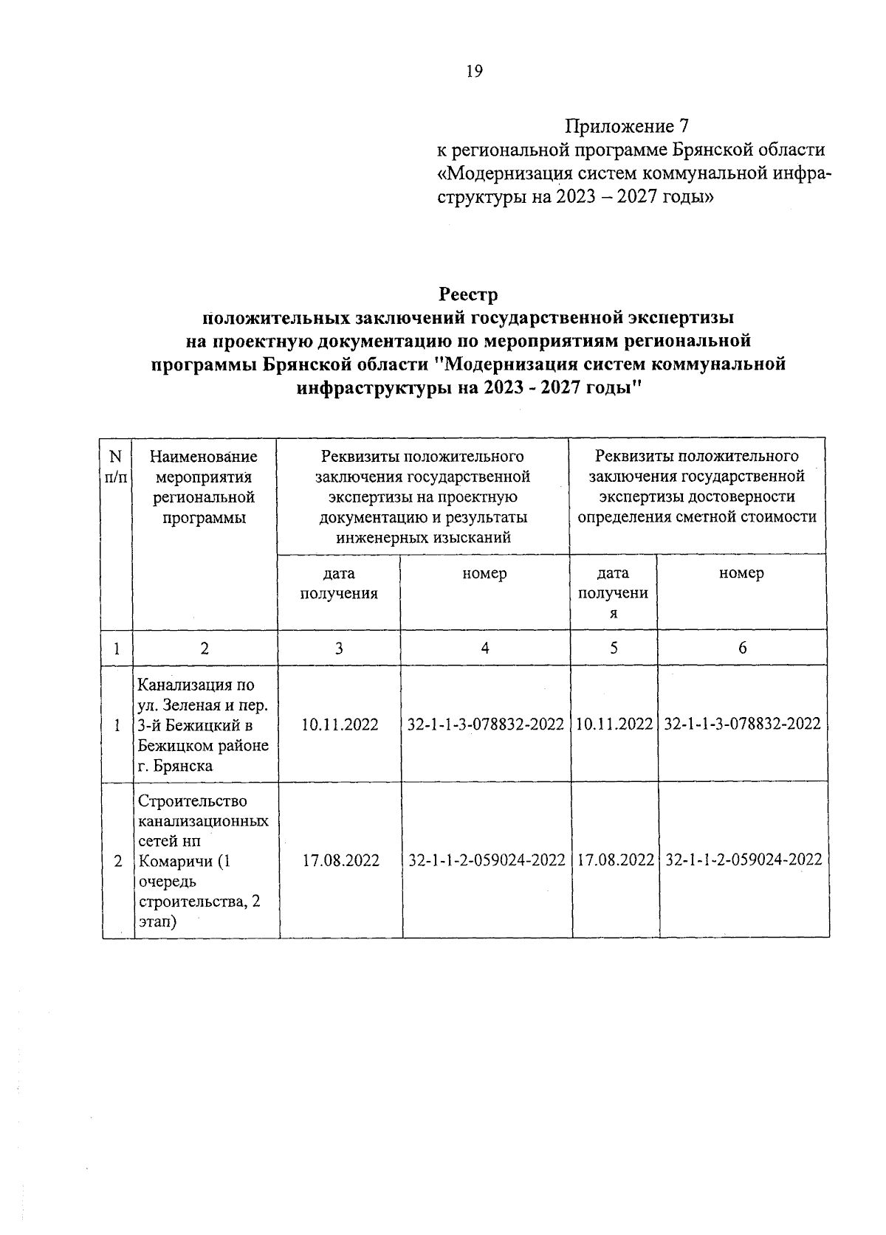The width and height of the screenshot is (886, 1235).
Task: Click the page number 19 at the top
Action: [x=473, y=72]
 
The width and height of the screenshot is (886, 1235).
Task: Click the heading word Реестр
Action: [x=469, y=294]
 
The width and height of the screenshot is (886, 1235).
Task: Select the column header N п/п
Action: [x=116, y=467]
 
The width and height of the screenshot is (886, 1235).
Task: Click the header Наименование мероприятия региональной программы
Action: [x=204, y=488]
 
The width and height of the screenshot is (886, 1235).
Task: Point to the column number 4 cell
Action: [x=484, y=648]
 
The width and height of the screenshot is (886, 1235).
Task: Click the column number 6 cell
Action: [x=742, y=648]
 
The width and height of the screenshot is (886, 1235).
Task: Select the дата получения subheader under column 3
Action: [x=339, y=584]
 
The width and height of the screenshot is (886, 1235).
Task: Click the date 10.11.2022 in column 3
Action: [x=340, y=724]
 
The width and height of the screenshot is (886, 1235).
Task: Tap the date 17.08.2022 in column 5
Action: [x=615, y=860]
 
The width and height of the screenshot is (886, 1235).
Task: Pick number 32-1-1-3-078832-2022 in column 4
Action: [x=485, y=724]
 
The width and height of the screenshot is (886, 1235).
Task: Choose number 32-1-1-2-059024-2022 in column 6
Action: [x=744, y=860]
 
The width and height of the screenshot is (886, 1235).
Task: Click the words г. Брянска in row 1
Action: [x=176, y=766]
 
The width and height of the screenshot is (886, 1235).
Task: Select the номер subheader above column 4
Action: [x=484, y=573]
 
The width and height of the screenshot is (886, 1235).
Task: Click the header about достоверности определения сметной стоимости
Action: [x=697, y=487]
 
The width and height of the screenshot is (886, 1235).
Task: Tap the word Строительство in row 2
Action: [x=193, y=800]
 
